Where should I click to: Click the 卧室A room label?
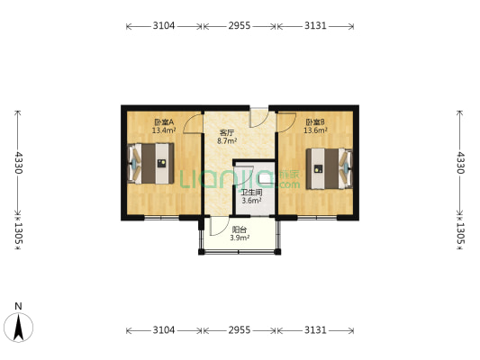164,122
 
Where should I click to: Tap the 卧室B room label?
315,122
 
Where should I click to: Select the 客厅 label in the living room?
227,133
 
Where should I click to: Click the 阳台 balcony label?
240,229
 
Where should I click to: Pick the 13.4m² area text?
164,130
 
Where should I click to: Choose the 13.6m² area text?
315,130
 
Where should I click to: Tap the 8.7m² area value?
227,141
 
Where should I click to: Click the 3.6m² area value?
251,201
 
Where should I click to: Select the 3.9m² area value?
240,238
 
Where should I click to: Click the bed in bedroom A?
150,163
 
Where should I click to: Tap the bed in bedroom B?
330,168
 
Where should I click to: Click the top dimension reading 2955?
240,26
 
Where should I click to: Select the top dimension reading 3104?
164,26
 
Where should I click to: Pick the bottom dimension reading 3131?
315,330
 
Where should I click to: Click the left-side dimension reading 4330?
19,163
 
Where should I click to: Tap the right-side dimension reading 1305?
460,234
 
